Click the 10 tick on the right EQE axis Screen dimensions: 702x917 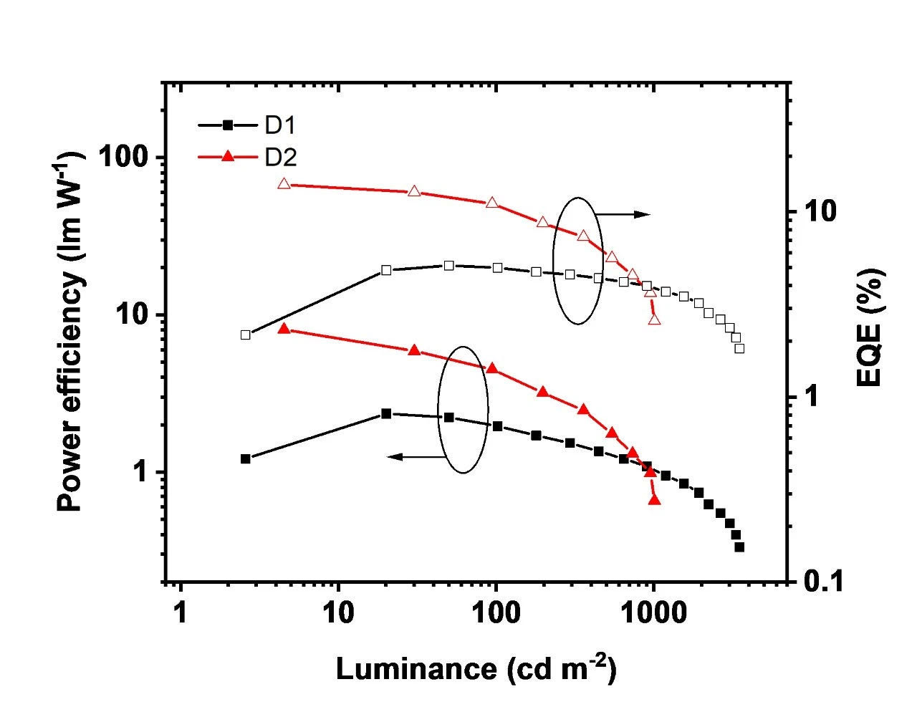[x=814, y=212]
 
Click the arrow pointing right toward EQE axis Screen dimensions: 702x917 [x=623, y=213]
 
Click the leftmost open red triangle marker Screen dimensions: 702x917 [x=284, y=183]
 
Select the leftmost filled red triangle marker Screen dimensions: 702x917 [x=284, y=329]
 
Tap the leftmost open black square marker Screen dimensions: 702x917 [x=246, y=335]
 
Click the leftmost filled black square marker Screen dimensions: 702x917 [x=246, y=458]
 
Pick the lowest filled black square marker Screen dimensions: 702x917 [x=739, y=547]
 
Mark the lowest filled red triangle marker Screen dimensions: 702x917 [x=654, y=499]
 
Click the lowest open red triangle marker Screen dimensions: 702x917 [x=654, y=319]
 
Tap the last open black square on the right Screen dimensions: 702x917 [x=739, y=348]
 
